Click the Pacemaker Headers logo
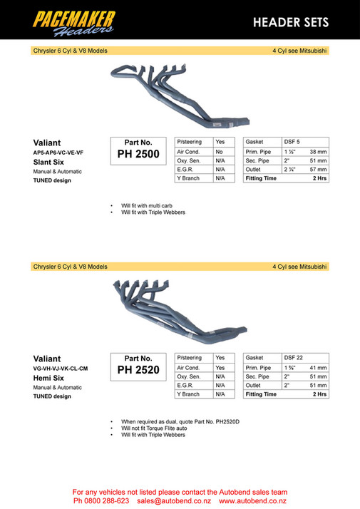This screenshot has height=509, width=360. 73,20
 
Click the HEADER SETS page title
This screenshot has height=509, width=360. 291,22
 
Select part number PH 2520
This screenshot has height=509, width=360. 138,371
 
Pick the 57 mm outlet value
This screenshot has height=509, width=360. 318,170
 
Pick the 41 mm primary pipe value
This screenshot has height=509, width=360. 318,367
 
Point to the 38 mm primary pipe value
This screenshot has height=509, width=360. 318,152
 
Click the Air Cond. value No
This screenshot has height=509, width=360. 220,152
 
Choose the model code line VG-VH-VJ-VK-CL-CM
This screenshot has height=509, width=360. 61,369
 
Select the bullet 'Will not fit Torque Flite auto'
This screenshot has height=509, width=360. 160,428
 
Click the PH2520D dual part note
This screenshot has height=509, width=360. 180,422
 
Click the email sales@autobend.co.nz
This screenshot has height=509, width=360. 174,501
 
